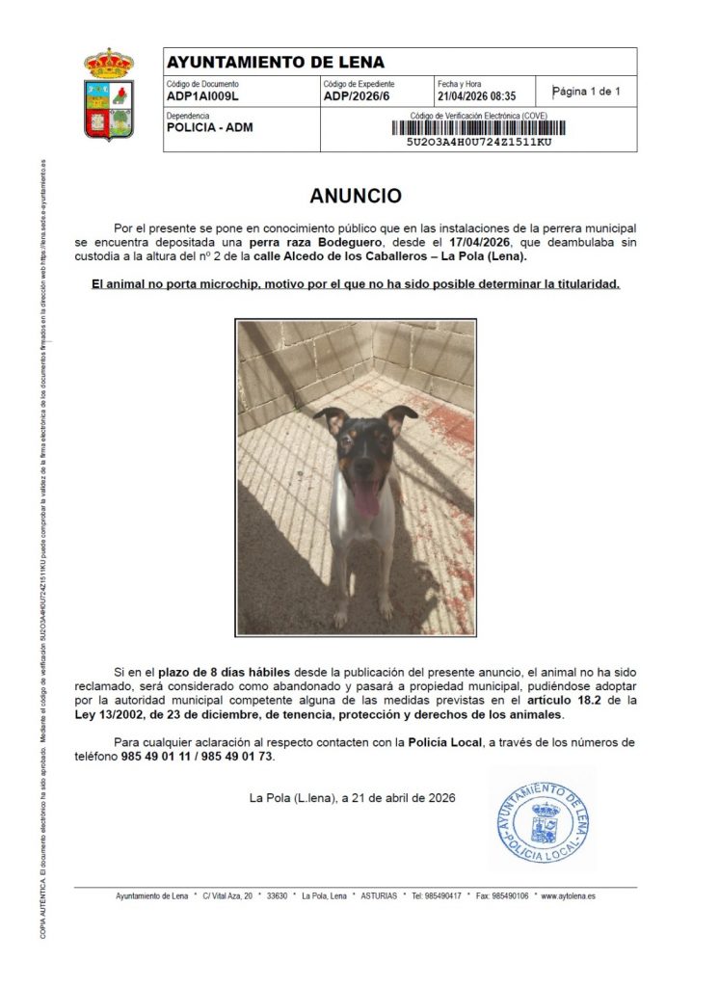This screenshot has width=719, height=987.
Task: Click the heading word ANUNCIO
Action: pos(356,197)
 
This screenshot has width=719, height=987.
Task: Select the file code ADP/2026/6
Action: pos(356,96)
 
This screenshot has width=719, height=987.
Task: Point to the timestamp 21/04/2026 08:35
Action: pos(476,96)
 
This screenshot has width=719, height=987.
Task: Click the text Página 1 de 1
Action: pos(586,93)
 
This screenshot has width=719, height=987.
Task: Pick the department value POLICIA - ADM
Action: pos(210,127)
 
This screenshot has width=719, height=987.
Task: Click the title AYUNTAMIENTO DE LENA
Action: pos(276,63)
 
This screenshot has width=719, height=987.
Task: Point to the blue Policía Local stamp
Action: pos(542,819)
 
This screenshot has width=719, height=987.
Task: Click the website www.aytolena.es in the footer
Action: pos(564,896)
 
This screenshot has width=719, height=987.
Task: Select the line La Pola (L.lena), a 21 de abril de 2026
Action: pos(352,798)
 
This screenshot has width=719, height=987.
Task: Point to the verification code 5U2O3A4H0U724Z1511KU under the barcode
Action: pos(479,142)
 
